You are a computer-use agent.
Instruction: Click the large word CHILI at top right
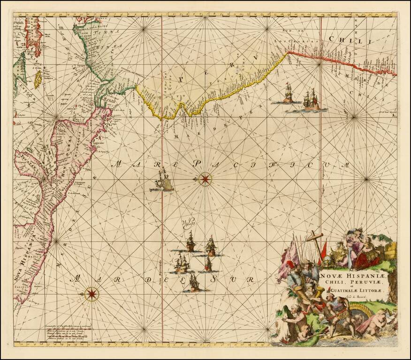pos(350,41)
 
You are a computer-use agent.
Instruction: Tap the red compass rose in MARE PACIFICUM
pos(205,179)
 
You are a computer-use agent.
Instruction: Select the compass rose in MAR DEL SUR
pos(92,294)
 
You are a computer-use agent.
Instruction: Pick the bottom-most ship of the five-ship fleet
pos(194,283)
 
